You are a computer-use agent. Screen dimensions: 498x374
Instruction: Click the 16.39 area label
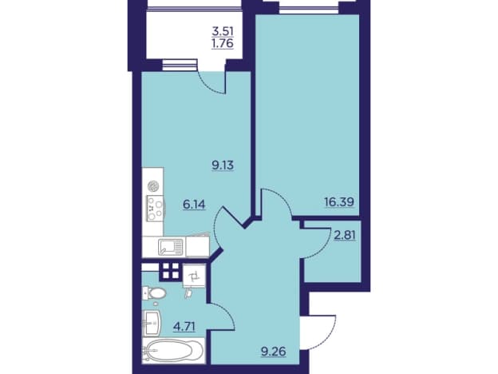coord(339,201)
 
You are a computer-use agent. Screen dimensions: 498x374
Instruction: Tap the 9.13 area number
coord(223,165)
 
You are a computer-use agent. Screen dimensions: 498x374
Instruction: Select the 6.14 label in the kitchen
coord(194,204)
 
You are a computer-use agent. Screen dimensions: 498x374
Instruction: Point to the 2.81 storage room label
coord(344,236)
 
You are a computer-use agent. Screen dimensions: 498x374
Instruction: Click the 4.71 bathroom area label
coord(184,326)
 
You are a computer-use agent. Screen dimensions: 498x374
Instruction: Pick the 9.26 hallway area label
coord(274,352)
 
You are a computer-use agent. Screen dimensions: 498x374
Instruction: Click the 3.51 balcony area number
coord(223,31)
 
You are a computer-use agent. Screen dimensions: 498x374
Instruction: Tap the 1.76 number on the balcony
coord(223,43)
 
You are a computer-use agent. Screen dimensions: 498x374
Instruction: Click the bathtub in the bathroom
coord(173,351)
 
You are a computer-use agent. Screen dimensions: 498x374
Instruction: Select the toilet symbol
coord(154,293)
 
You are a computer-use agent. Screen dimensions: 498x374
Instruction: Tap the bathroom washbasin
coord(152,323)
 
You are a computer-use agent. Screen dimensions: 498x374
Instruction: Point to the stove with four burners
coord(155,209)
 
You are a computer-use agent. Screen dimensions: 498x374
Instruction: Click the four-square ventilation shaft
coord(171,271)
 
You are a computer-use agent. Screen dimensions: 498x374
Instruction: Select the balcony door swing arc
coord(211,82)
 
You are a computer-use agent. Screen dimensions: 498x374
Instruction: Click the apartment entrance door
coord(319,332)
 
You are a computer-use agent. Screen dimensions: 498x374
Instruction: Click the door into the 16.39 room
coord(275,203)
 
